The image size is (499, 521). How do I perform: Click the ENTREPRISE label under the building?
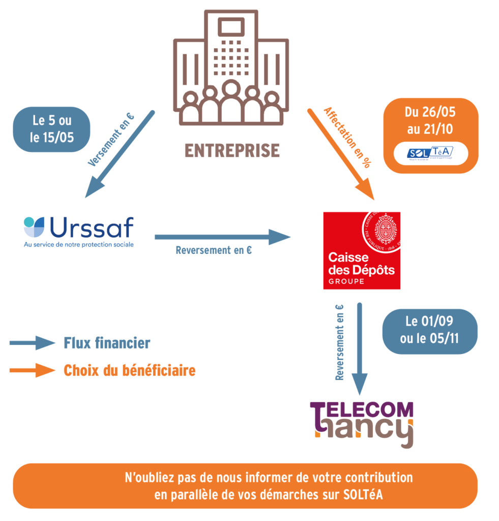coord(231,151)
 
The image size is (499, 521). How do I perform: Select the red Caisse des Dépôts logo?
coord(362,250)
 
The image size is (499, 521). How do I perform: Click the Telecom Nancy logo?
coord(362,423)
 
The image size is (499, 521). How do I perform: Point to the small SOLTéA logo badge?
coord(430,153)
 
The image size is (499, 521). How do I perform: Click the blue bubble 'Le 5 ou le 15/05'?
coord(52,129)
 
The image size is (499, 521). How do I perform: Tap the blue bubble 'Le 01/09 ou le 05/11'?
coord(430,331)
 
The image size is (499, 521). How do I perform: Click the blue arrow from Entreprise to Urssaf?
coord(120,154)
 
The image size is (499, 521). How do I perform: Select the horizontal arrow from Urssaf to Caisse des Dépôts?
coord(222,237)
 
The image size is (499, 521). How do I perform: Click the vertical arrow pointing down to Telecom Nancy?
coord(360,348)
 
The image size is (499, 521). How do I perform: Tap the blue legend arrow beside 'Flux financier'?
coord(32,343)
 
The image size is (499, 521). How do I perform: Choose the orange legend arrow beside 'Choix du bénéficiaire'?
coord(32,370)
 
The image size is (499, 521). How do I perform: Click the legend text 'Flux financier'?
coord(107,343)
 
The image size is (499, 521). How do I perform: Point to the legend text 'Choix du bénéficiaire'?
coord(129,370)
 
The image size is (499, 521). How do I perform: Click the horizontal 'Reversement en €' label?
coord(214,251)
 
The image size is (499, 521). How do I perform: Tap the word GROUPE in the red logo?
coord(346,281)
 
